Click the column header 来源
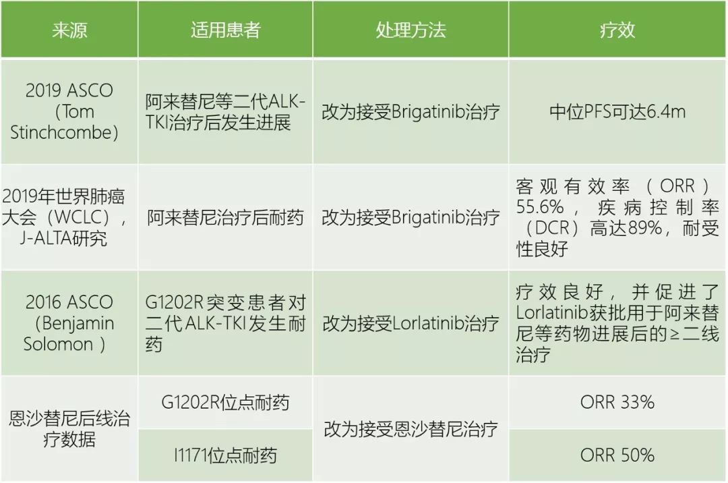pyautogui.click(x=69, y=30)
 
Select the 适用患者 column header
pyautogui.click(x=225, y=30)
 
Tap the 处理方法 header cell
pyautogui.click(x=411, y=30)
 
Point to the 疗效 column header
pyautogui.click(x=617, y=30)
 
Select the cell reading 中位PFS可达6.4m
pyautogui.click(x=617, y=111)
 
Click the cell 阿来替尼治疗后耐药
pyautogui.click(x=225, y=217)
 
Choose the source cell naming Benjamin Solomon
pyautogui.click(x=69, y=323)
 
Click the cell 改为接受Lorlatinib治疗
pyautogui.click(x=411, y=323)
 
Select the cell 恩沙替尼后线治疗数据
pyautogui.click(x=69, y=429)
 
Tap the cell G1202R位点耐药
pyautogui.click(x=225, y=403)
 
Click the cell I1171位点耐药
pyautogui.click(x=225, y=455)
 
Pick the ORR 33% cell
pyautogui.click(x=617, y=403)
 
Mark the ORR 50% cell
pyautogui.click(x=617, y=455)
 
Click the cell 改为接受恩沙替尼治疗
pyautogui.click(x=411, y=429)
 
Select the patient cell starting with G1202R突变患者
pyautogui.click(x=225, y=323)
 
